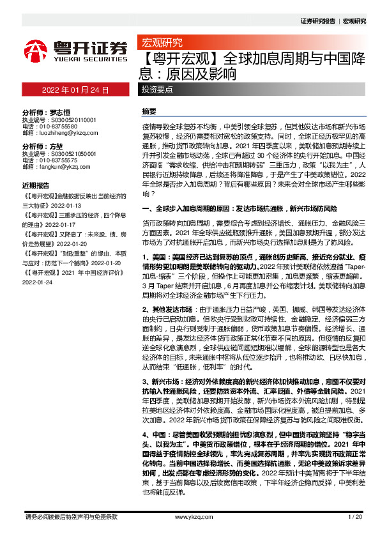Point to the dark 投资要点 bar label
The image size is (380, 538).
point(157,90)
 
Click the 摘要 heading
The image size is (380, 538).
point(148,111)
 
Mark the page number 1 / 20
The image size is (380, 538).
point(355,516)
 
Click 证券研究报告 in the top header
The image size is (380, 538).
point(317,21)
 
